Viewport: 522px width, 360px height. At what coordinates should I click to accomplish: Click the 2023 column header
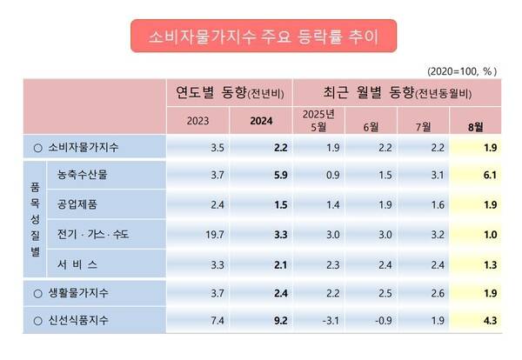click(x=197, y=121)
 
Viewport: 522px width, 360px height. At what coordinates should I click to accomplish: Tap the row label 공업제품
click(x=74, y=205)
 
